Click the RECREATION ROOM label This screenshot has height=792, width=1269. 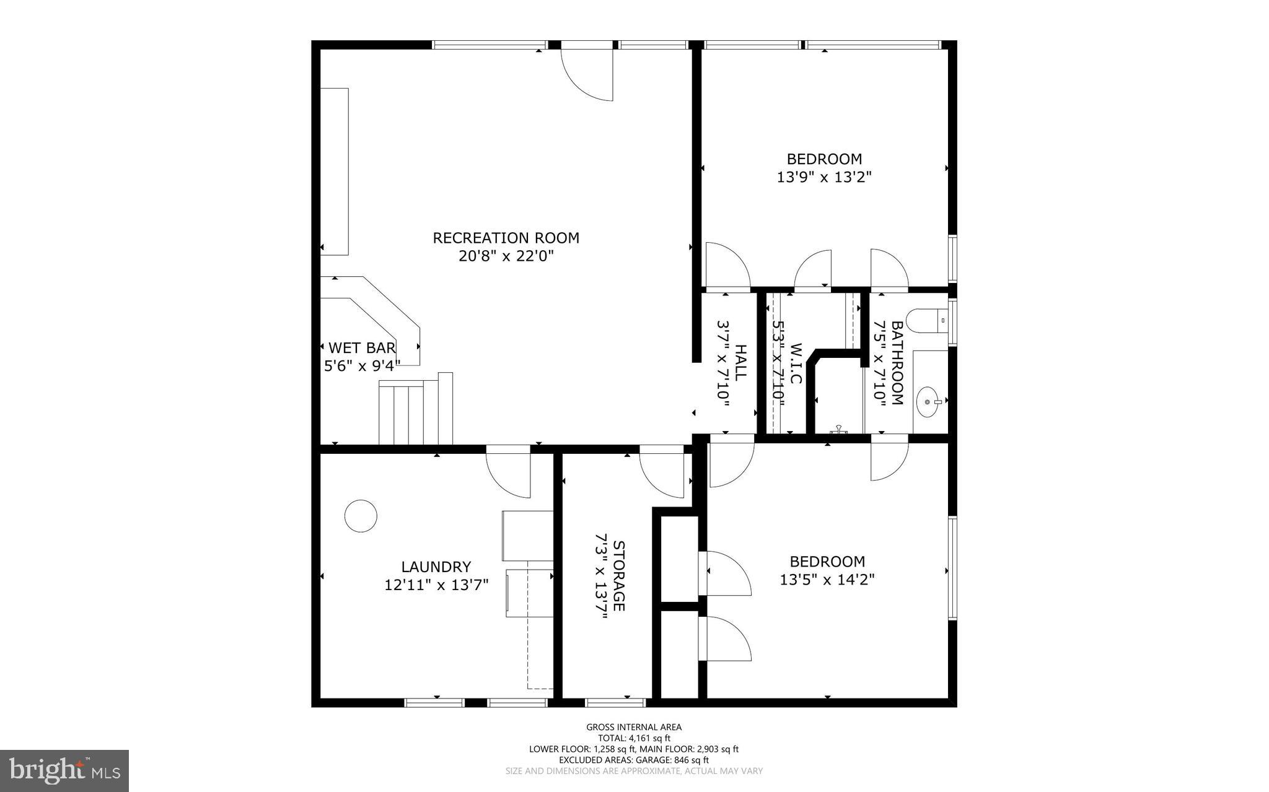point(506,238)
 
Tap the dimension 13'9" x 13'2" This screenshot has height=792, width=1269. point(824,177)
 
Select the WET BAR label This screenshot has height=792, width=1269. point(362,347)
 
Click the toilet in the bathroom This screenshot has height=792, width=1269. point(927,321)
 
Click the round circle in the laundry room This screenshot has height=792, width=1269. point(361,516)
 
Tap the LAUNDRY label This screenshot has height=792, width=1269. point(436,567)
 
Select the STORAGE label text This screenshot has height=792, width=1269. point(618,575)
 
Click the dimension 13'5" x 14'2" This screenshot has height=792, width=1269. point(827,580)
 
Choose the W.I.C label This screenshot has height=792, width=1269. point(796,363)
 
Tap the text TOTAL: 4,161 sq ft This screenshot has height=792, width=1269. point(634,738)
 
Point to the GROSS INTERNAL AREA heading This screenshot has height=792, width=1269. point(634,727)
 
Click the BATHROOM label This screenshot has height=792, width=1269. point(897,362)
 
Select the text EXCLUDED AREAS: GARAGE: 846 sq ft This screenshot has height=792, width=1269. point(634,760)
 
